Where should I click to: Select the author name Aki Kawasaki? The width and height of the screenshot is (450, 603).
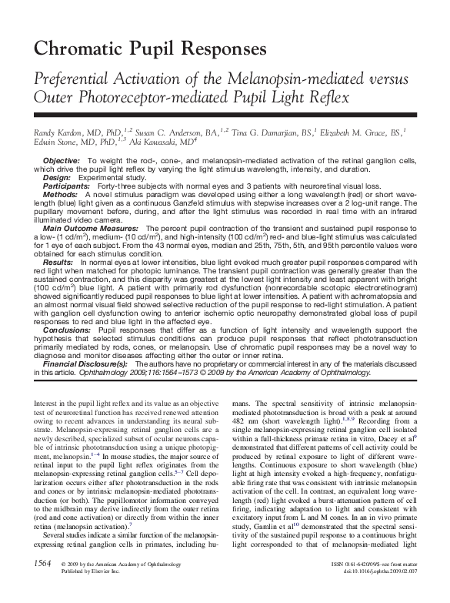click(x=168, y=142)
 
